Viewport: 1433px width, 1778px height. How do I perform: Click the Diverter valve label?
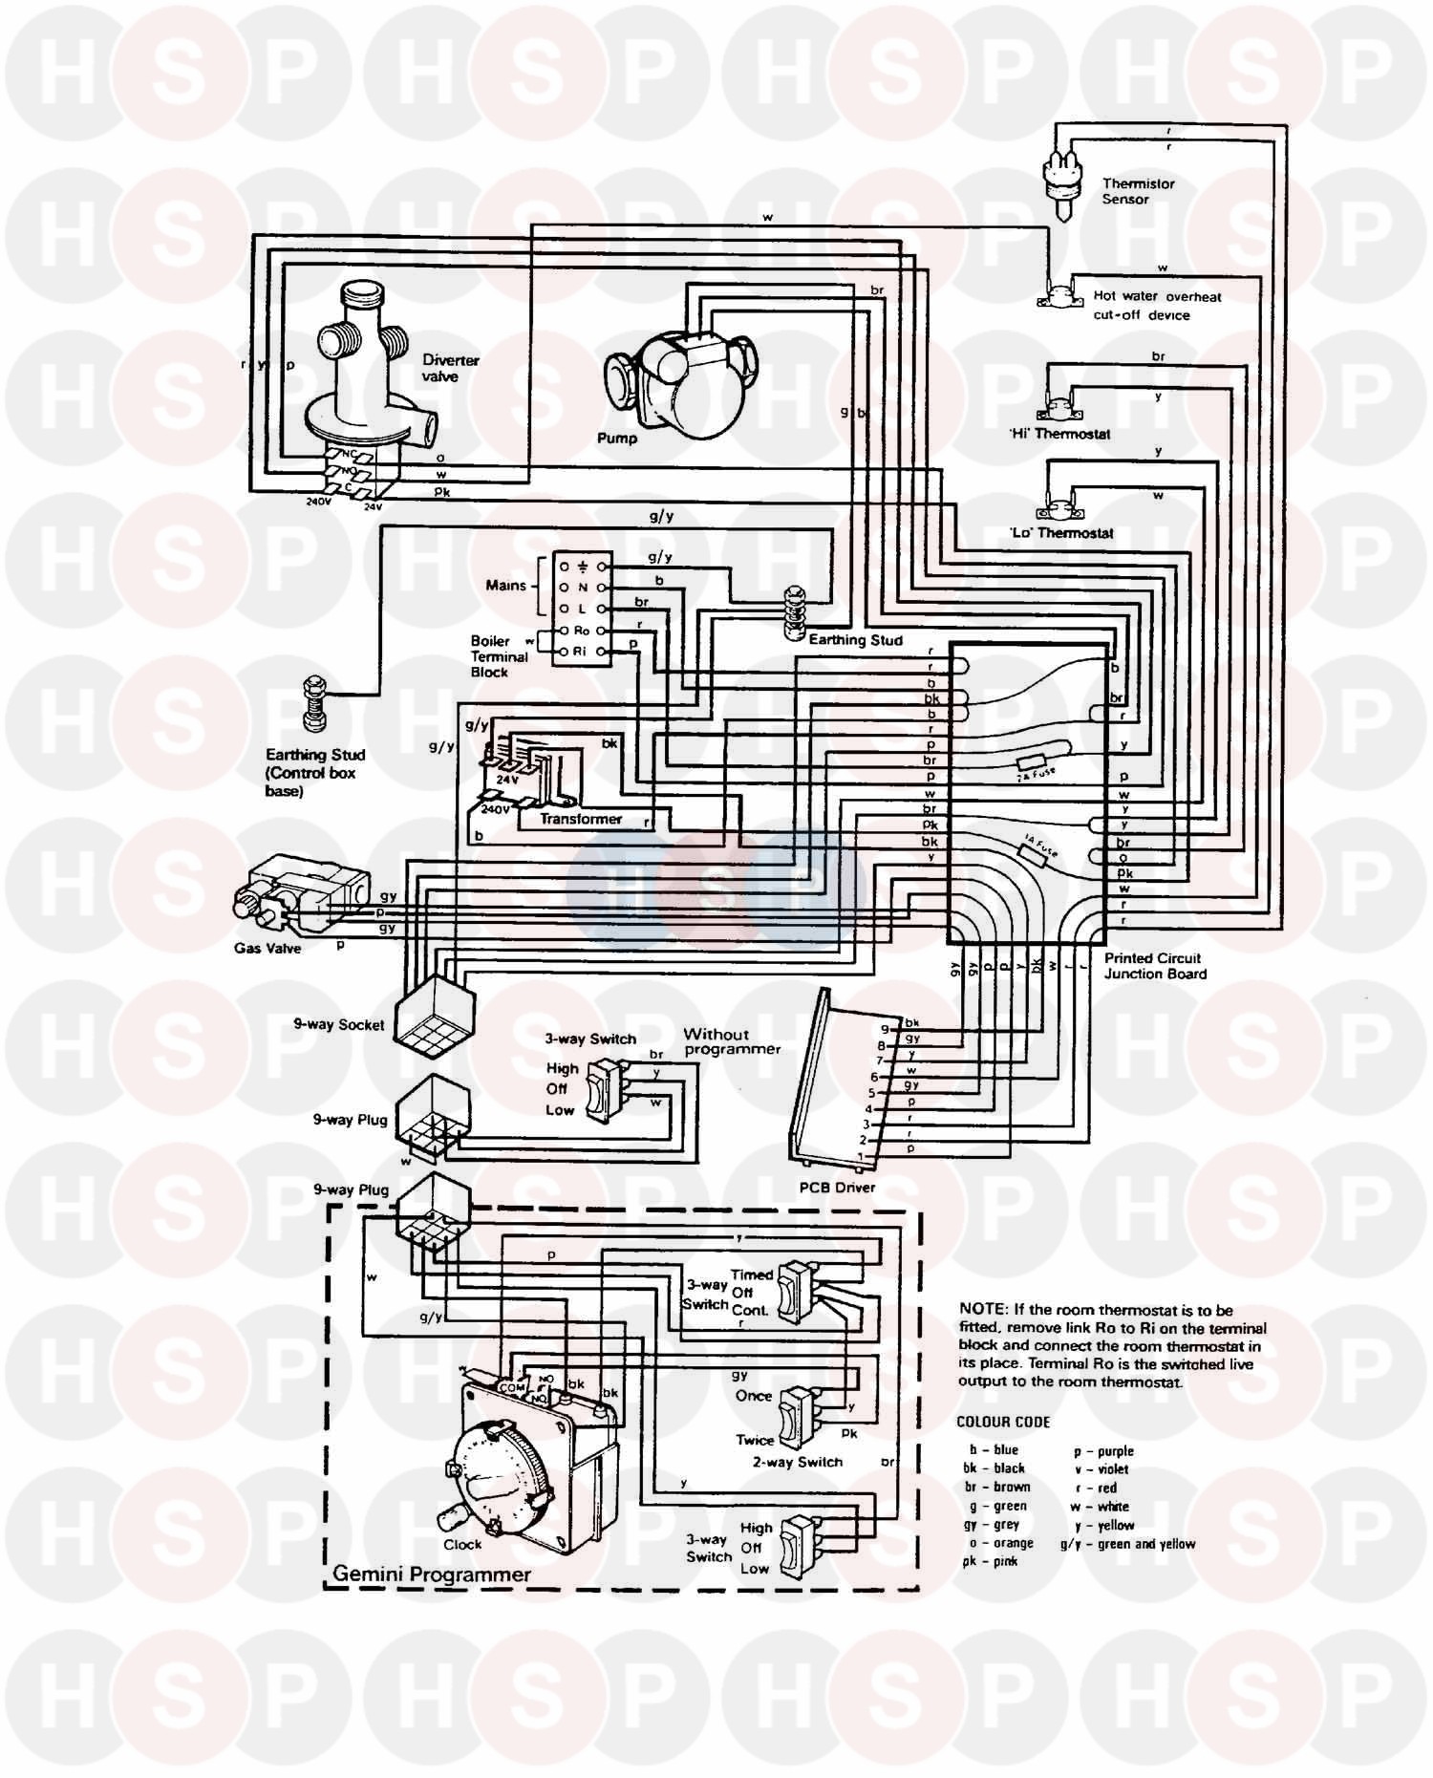pos(450,368)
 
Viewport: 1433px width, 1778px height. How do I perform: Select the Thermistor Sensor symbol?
pos(1060,182)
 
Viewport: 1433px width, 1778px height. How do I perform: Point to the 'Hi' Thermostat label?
pos(1059,434)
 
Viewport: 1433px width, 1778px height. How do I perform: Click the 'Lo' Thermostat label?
pos(1061,533)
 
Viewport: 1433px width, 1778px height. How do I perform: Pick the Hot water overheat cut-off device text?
pos(1156,306)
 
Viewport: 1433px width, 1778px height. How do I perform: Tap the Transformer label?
pos(580,819)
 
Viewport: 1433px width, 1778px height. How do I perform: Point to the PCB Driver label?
pos(837,1188)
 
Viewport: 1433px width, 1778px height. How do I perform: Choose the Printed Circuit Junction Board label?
pos(1155,966)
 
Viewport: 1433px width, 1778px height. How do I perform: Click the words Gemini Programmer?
pos(432,1574)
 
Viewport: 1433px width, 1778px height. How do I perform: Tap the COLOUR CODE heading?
pos(1003,1422)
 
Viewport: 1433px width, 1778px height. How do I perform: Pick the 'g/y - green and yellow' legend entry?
pos(1127,1543)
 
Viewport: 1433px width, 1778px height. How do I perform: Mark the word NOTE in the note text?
pos(981,1310)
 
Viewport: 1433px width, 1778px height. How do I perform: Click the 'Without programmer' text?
pos(732,1041)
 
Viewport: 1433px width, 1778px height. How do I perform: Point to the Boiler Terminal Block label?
pos(499,656)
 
